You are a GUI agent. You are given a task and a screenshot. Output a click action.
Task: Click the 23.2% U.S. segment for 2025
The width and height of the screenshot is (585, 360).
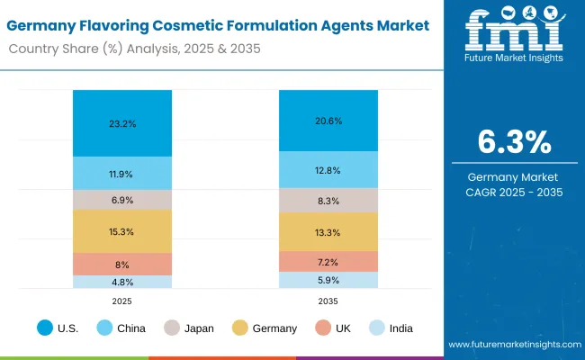pos(122,123)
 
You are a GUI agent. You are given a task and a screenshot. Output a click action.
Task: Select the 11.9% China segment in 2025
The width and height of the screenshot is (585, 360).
pos(122,173)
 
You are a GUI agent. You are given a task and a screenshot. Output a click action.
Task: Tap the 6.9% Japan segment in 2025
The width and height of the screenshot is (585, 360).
pos(122,199)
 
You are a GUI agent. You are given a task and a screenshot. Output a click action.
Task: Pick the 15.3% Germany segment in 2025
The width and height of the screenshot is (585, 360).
pos(122,231)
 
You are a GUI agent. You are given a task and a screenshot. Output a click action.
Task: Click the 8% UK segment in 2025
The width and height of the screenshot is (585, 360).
pos(122,264)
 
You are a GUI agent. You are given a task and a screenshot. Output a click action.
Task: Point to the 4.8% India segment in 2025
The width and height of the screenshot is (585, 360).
pos(122,282)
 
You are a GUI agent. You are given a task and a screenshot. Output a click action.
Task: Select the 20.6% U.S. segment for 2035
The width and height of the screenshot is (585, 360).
pos(328,120)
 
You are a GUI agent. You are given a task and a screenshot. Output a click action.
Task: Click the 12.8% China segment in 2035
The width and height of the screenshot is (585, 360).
pos(328,169)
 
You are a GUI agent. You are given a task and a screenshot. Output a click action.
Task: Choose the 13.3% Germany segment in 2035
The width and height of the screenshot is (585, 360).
pos(328,232)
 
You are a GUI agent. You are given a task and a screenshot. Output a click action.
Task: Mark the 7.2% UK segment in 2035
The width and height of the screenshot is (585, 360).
pos(328,261)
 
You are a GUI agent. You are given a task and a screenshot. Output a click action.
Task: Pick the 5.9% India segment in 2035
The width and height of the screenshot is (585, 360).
pos(328,280)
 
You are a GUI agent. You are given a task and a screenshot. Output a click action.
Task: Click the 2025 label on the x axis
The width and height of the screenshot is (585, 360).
pos(122,300)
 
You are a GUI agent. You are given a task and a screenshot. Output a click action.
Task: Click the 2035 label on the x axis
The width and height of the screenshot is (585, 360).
pos(328,300)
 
